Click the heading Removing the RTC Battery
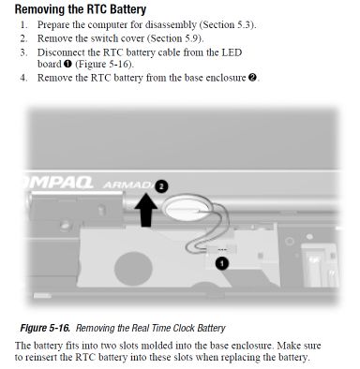click(81, 9)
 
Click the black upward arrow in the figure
click(145, 210)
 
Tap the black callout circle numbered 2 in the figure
click(161, 186)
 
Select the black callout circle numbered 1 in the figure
click(222, 263)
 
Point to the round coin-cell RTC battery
click(187, 209)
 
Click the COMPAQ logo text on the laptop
click(59, 182)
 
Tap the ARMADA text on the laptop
click(129, 184)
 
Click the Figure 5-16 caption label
click(45, 328)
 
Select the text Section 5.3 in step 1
click(227, 24)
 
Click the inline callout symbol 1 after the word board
click(67, 64)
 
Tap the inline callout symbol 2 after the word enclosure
click(252, 78)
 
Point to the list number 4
click(23, 78)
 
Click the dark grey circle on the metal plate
click(133, 268)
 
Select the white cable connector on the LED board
click(222, 249)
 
